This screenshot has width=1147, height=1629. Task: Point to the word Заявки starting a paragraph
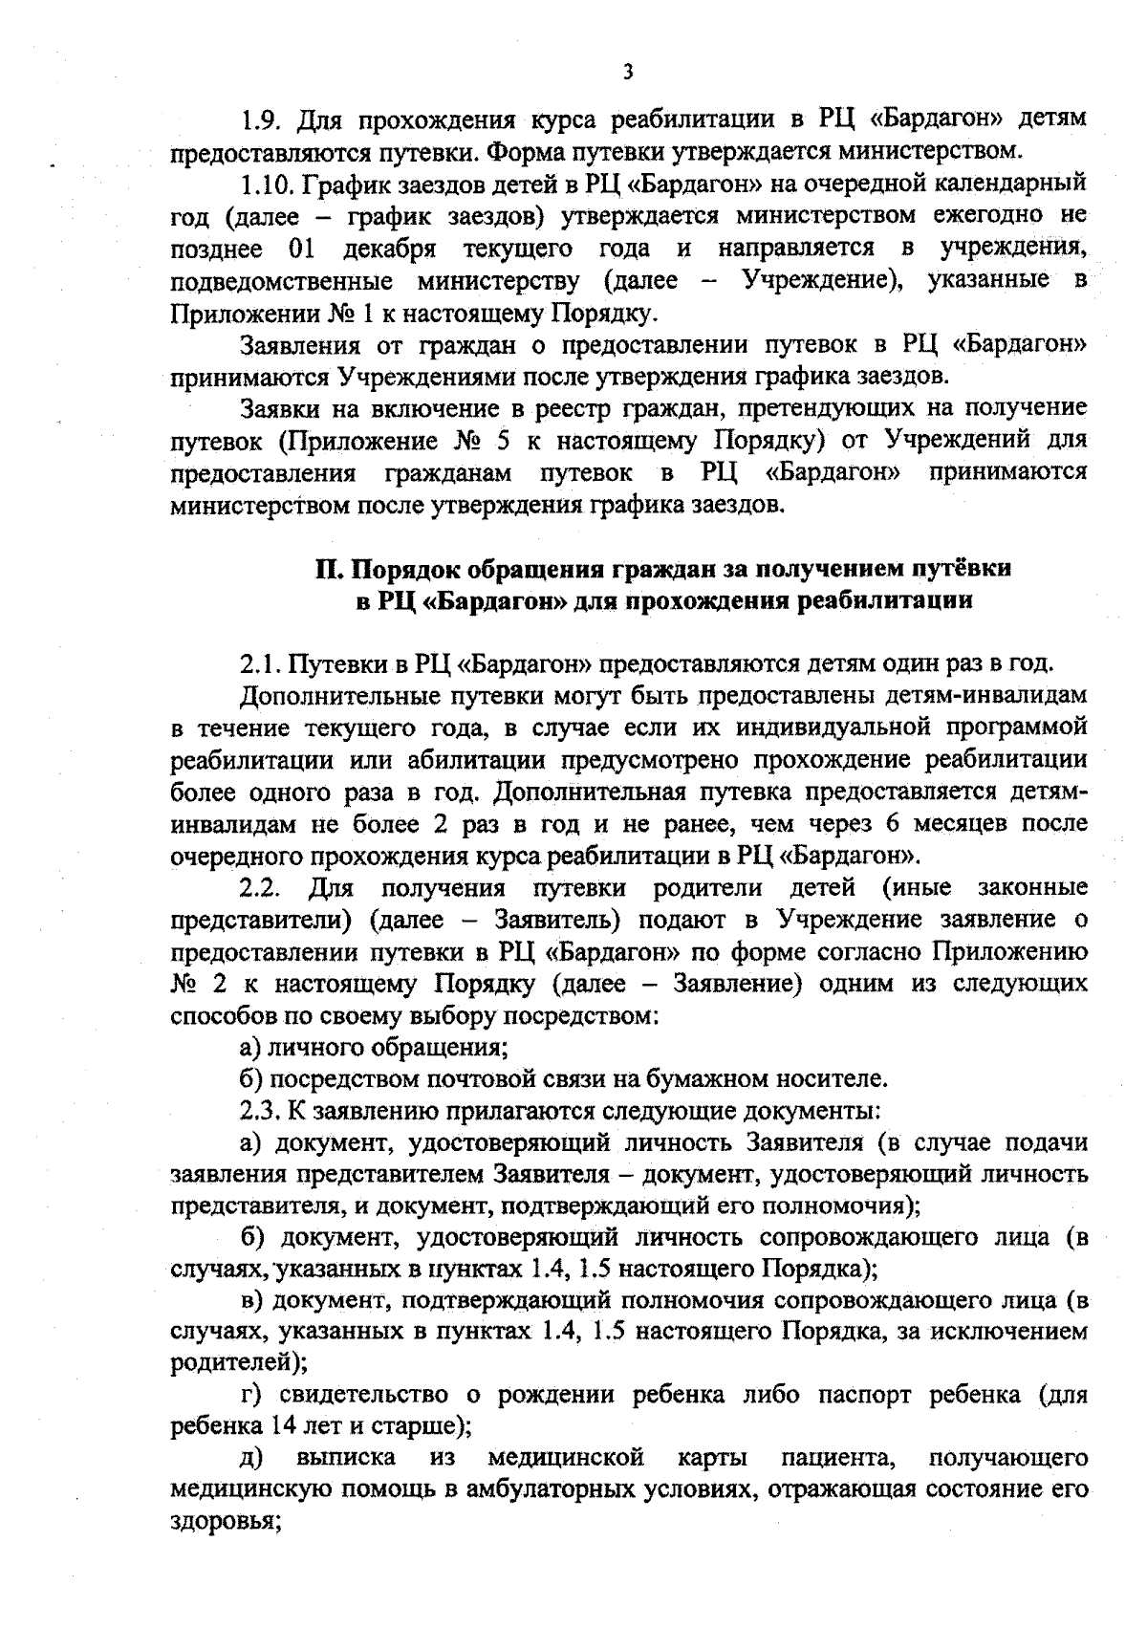(x=279, y=408)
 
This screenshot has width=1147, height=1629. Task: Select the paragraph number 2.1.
(x=257, y=663)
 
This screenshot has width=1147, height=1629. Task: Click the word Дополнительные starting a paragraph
(x=334, y=695)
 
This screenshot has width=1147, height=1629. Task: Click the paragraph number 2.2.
(x=258, y=888)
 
